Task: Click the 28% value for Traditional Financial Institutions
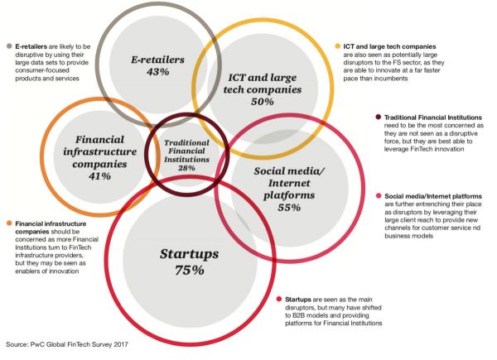(x=186, y=168)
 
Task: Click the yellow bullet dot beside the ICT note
(x=340, y=46)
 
